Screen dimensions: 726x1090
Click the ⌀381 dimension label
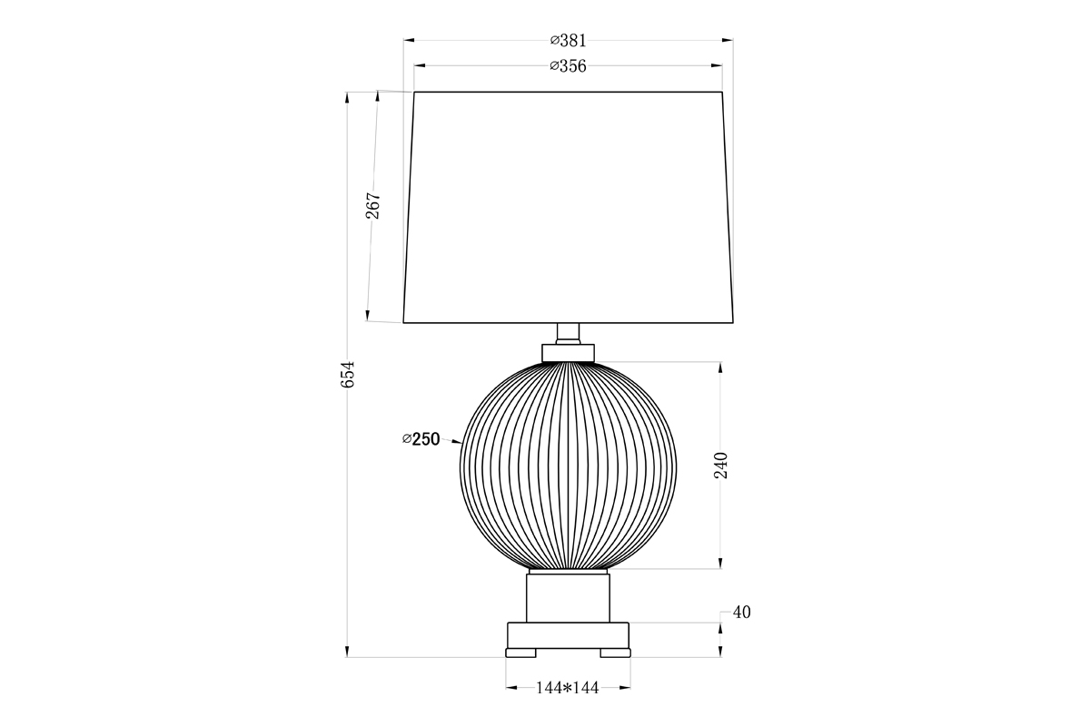coord(569,40)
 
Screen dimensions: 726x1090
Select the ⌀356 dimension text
coord(569,65)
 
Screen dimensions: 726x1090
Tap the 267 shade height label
coord(373,206)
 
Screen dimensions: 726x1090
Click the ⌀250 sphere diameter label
coord(421,439)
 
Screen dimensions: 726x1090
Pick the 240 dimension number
coord(720,466)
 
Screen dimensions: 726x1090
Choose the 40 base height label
coord(741,613)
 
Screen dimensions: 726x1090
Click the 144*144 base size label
coord(568,688)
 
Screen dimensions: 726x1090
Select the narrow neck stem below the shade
coord(569,333)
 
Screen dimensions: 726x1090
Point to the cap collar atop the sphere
coord(569,352)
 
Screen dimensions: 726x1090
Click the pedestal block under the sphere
coord(569,596)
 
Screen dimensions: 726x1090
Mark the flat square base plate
coord(569,634)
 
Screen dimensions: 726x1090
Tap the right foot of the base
coord(615,652)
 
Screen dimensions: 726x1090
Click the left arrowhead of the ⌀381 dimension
coord(408,40)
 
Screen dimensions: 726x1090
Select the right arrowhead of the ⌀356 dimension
coord(718,65)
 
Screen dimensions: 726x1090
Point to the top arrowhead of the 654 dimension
coord(348,95)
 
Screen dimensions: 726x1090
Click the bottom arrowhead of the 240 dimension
coord(720,564)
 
